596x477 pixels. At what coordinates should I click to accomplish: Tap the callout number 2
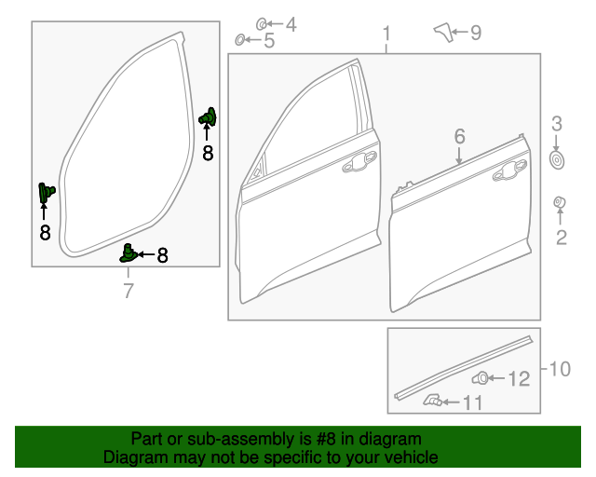561,238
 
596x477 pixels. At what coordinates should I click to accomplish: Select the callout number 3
557,123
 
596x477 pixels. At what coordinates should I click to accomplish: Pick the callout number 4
290,24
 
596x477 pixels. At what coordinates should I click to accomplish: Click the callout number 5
269,40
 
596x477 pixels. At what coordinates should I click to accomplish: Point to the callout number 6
459,137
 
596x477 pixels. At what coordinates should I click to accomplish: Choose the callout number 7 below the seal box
129,292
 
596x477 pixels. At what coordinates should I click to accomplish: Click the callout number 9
475,34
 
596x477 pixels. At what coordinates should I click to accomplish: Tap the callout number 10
559,369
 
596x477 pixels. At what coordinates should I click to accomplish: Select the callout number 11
474,402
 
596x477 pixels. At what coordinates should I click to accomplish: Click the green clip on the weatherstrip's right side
210,117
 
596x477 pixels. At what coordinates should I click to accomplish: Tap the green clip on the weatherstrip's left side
45,192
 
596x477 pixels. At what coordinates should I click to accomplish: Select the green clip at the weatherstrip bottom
129,252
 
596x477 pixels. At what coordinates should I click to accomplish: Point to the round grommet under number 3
557,160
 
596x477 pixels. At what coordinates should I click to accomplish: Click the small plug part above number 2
561,203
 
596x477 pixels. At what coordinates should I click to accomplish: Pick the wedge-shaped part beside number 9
442,33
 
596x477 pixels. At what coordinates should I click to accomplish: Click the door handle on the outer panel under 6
510,170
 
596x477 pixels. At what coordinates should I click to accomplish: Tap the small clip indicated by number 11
432,401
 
